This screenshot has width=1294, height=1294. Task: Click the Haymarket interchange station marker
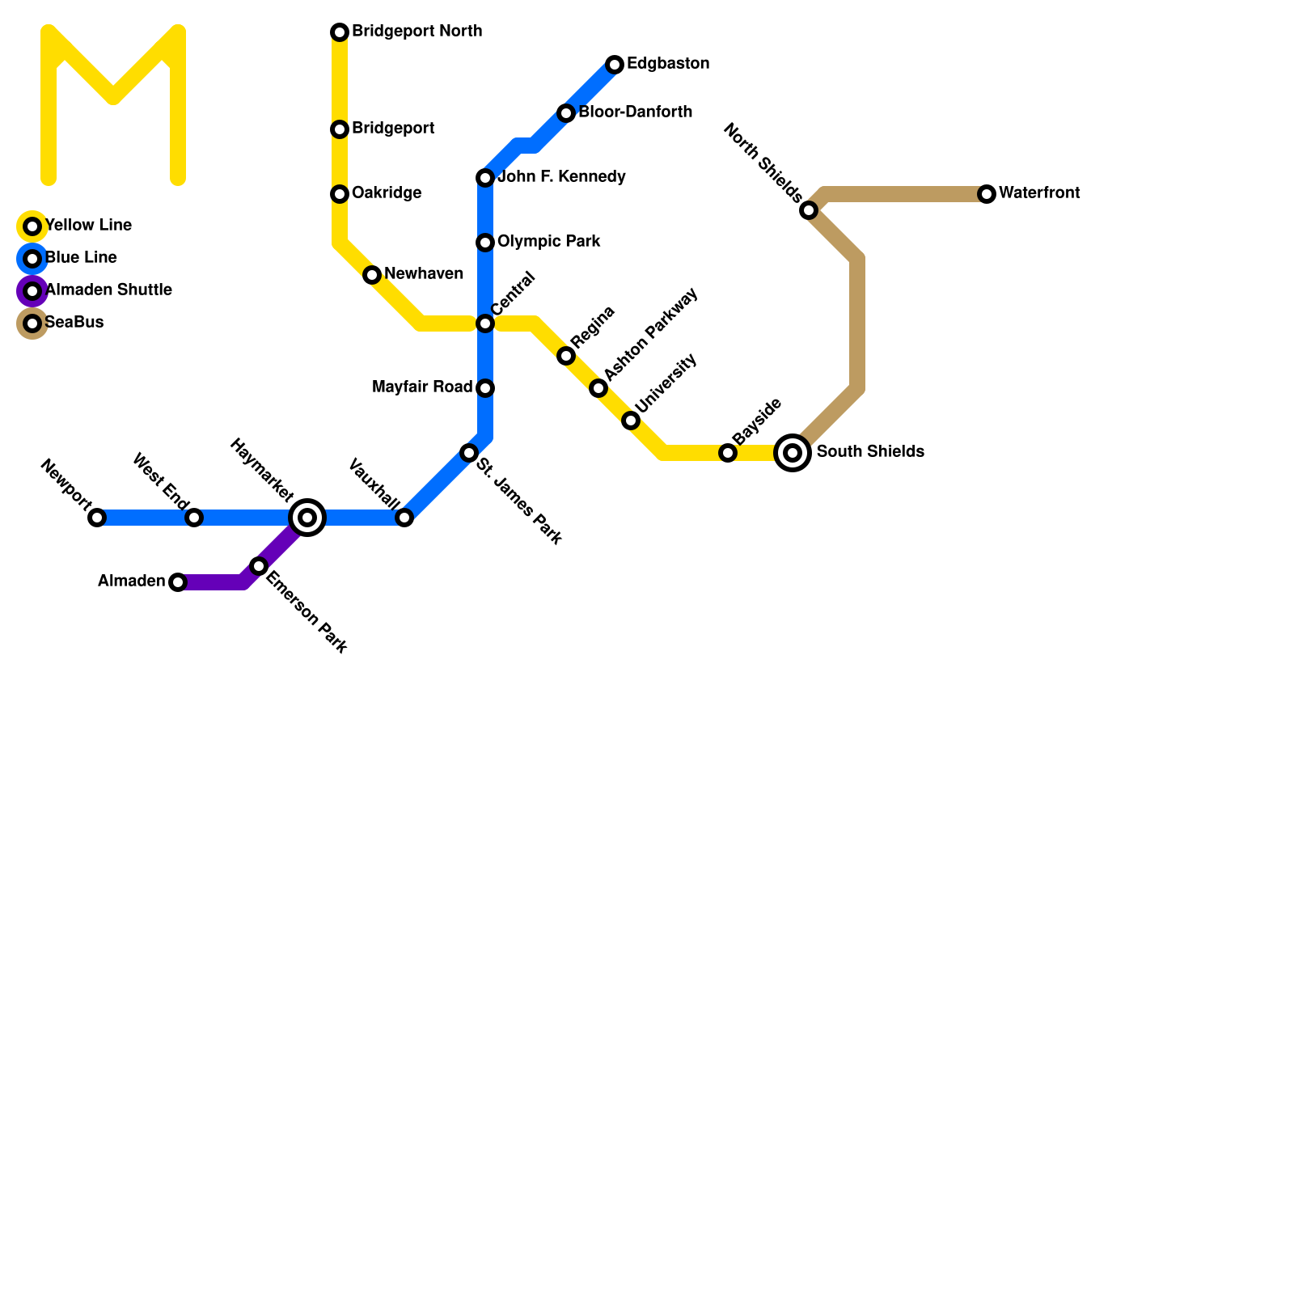coord(307,518)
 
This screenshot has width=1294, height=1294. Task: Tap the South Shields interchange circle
coord(793,453)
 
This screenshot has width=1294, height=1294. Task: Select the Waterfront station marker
coord(987,194)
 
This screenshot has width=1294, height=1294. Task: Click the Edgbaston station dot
coord(615,65)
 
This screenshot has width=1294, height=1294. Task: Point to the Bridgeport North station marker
coord(340,32)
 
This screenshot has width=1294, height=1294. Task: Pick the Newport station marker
coord(97,518)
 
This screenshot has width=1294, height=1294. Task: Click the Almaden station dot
coord(178,582)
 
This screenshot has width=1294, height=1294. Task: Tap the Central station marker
coord(485,323)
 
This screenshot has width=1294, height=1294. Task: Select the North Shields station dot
coord(809,210)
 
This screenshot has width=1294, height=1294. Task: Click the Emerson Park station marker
coord(259,566)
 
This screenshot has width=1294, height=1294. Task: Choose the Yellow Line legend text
coord(88,226)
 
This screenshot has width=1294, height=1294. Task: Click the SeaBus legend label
coord(74,323)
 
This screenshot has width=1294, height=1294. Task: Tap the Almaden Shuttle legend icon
coord(32,291)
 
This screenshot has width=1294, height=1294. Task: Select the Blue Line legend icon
coord(32,259)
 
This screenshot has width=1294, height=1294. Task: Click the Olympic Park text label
coord(548,242)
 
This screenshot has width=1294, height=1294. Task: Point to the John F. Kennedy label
coord(561,177)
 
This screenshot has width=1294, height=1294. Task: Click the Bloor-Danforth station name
coord(635,112)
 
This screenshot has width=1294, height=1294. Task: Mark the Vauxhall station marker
coord(404,518)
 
